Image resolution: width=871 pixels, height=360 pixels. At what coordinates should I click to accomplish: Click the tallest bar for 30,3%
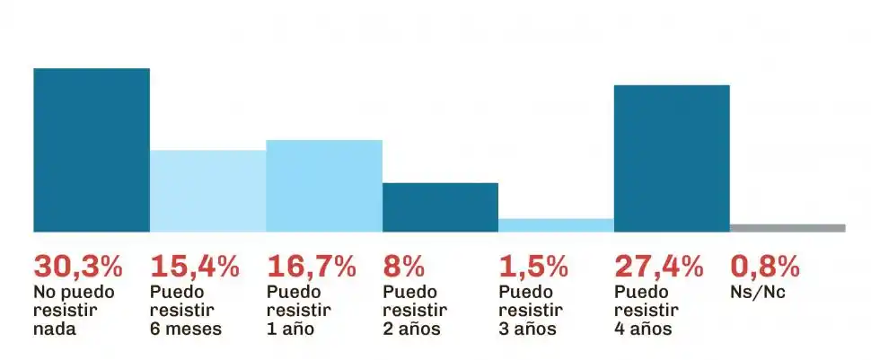(x=92, y=150)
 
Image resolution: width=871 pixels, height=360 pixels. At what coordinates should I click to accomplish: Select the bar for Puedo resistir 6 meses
(x=207, y=190)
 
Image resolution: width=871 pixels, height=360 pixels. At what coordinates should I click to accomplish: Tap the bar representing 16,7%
(x=324, y=186)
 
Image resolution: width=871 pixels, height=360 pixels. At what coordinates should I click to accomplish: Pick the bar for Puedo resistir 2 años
(x=440, y=207)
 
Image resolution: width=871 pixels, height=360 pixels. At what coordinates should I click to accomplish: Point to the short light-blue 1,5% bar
(x=556, y=225)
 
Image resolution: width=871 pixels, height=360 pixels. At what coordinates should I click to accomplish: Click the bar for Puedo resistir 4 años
(x=672, y=158)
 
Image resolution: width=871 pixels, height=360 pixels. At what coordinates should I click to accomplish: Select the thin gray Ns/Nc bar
(x=787, y=228)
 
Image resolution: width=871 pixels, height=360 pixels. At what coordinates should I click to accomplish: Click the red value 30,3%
(x=78, y=267)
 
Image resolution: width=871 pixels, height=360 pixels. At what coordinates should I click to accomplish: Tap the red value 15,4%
(x=195, y=267)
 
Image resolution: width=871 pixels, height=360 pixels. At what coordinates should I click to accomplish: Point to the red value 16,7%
(x=312, y=267)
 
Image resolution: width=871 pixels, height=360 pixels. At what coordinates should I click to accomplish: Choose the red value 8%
(x=403, y=267)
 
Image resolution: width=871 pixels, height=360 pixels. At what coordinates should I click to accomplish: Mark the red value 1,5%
(x=533, y=267)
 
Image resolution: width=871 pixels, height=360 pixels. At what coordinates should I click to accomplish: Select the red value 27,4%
(x=659, y=267)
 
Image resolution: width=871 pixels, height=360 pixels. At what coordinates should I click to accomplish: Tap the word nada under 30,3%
(x=55, y=329)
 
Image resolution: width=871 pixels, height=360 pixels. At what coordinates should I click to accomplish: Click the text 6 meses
(x=185, y=329)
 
